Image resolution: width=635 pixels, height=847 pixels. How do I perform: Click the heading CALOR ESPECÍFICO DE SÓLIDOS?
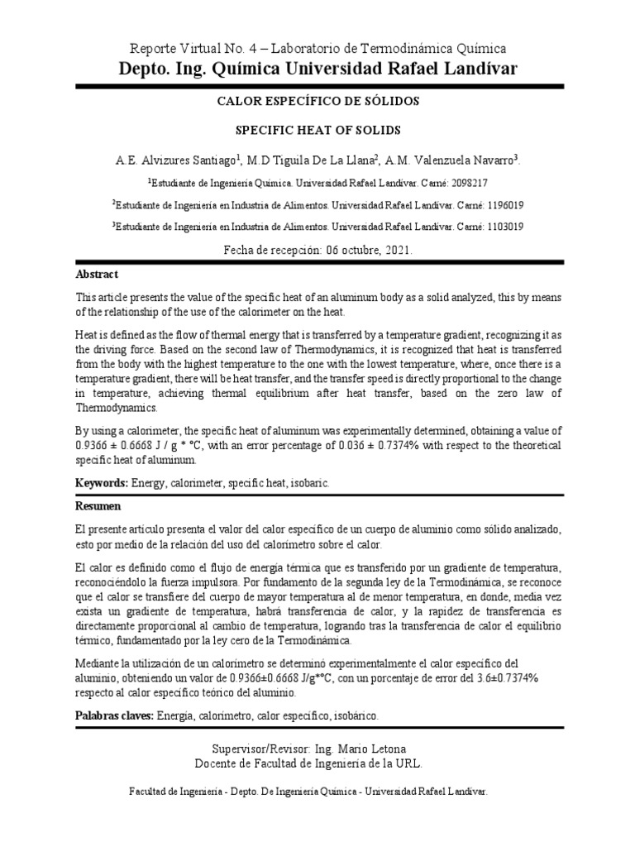[317, 101]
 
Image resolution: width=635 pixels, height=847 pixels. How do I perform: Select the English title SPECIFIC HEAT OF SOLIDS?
[317, 131]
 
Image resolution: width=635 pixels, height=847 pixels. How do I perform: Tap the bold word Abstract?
[98, 275]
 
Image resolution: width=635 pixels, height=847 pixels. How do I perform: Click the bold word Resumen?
[98, 505]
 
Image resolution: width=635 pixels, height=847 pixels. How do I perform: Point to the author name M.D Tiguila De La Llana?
[311, 160]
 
